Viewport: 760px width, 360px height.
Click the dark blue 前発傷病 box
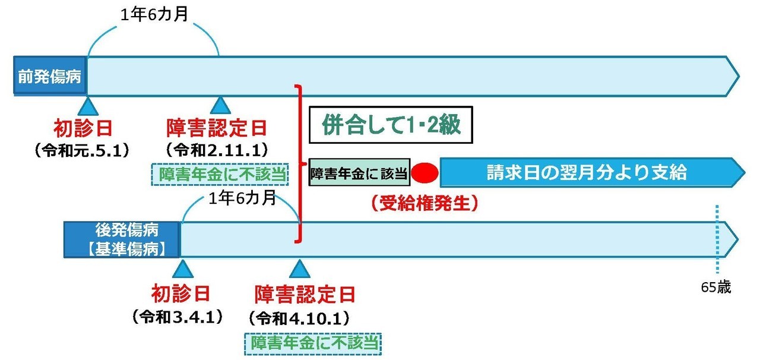tap(50, 76)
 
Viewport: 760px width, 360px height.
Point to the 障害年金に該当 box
tap(359, 173)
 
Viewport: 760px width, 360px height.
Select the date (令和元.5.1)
tap(83, 149)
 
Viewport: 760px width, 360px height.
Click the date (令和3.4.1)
tap(178, 316)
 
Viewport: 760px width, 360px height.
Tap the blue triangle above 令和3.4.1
tap(180, 270)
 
